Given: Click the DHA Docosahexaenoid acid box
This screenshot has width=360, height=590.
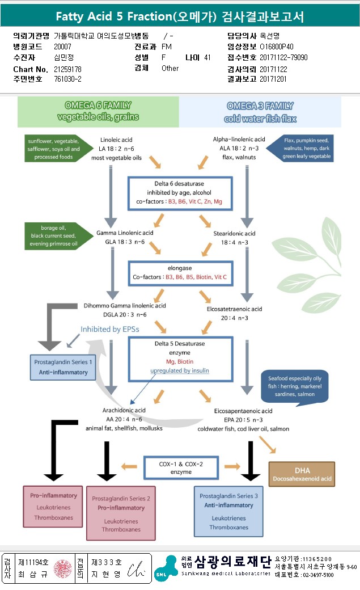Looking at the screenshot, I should pos(302,475).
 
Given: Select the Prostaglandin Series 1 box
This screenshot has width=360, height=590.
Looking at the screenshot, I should pos(63,367).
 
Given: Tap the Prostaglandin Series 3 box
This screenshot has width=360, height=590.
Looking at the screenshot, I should pos(228,511).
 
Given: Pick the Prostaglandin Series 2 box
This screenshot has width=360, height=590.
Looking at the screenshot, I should pos(121,513).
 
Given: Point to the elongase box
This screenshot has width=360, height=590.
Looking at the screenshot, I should pos(180,272).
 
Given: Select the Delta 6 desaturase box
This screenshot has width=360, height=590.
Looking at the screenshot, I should pos(180,193).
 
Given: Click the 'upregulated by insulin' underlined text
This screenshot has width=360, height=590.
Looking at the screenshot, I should pos(180,370).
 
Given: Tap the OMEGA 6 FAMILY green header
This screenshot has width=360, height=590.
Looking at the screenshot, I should pos(98,111).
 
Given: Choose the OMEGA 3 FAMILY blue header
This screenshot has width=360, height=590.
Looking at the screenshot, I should pos(260,111).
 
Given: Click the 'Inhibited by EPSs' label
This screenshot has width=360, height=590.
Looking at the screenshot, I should pos(110,329).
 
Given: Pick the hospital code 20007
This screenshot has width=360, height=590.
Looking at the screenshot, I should pos(63,47).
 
